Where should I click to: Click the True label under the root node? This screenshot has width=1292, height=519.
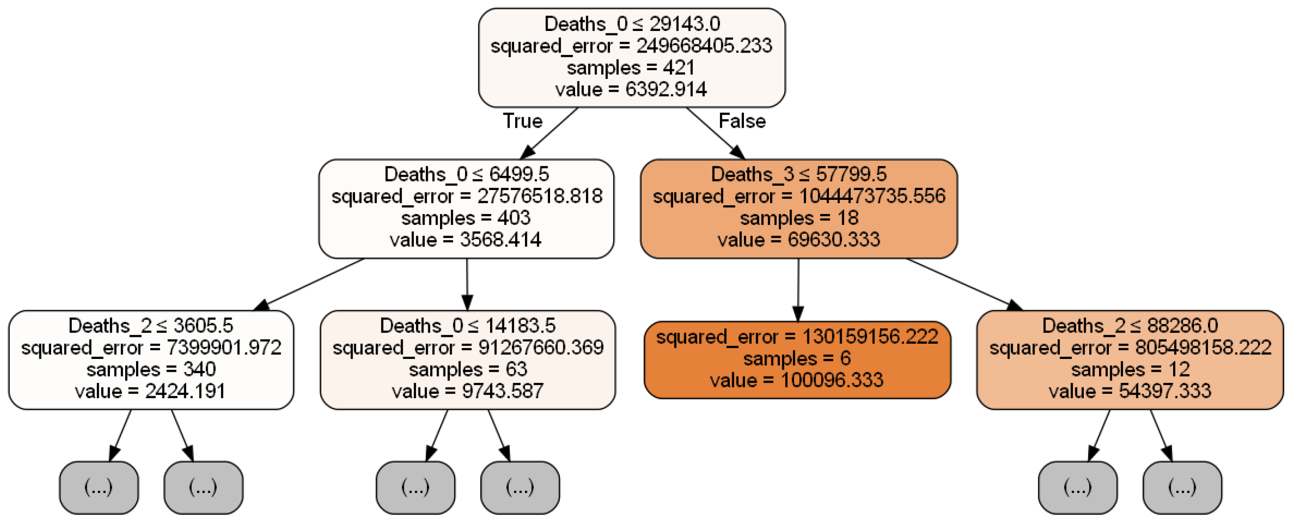[x=522, y=121]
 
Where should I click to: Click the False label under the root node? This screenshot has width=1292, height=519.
[x=742, y=121]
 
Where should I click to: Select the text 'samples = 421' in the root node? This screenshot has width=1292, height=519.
[x=631, y=68]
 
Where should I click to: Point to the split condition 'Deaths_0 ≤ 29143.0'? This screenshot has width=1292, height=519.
[x=632, y=24]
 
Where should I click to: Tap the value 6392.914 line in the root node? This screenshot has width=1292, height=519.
[x=631, y=89]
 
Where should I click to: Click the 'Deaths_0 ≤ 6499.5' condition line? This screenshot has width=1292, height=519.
[x=466, y=174]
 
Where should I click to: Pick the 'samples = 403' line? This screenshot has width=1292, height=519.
[x=466, y=218]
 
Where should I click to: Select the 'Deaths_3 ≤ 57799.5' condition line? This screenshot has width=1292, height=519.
[x=798, y=174]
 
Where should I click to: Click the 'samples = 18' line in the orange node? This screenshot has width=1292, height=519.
[x=798, y=218]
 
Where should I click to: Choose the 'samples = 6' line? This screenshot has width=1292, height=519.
[x=797, y=358]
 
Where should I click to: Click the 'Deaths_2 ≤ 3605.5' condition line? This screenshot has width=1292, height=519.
[x=150, y=326]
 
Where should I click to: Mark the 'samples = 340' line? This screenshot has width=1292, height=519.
[x=150, y=369]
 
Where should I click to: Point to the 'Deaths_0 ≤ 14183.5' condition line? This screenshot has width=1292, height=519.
[x=467, y=326]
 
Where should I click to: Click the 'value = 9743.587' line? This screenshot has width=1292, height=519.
[x=467, y=391]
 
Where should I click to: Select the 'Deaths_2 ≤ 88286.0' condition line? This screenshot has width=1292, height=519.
[x=1129, y=326]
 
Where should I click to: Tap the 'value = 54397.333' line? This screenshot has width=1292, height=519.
[x=1129, y=391]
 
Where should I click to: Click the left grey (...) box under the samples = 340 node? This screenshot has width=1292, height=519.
[x=98, y=487]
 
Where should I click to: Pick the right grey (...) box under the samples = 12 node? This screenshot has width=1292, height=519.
[x=1182, y=487]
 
